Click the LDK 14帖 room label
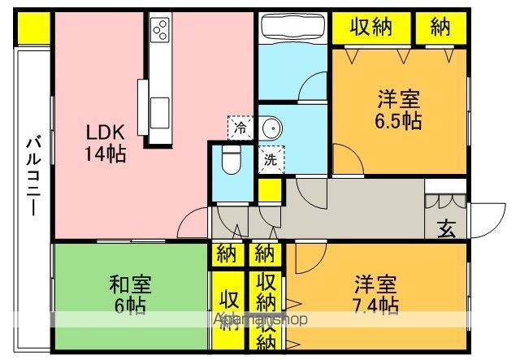(x=106, y=141)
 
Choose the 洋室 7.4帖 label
(x=375, y=296)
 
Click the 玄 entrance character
(x=446, y=228)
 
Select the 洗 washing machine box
(x=270, y=160)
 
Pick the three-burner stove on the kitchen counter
(x=160, y=30)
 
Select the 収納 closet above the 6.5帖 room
(x=370, y=28)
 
